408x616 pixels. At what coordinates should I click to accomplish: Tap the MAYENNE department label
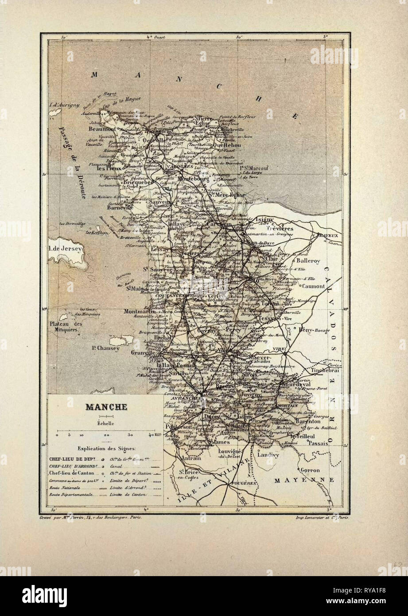point(301,480)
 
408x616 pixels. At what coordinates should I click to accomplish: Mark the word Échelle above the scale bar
point(106,423)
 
